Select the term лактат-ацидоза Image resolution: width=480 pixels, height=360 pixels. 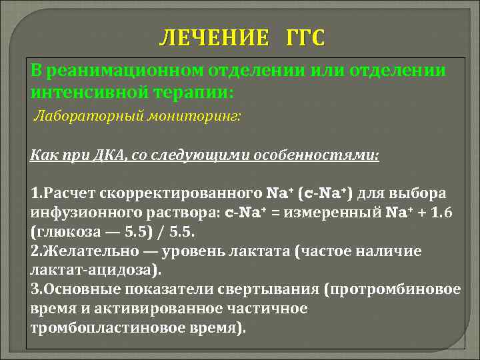[87, 270]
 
